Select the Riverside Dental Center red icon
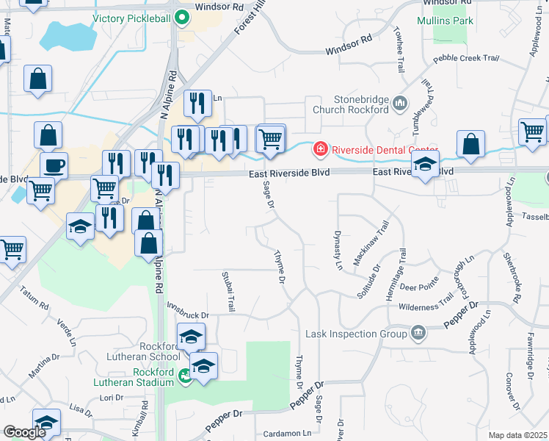point(320,150)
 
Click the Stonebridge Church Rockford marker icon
point(400,104)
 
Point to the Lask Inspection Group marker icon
point(418,334)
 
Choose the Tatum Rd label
point(34,297)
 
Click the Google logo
point(25,432)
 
